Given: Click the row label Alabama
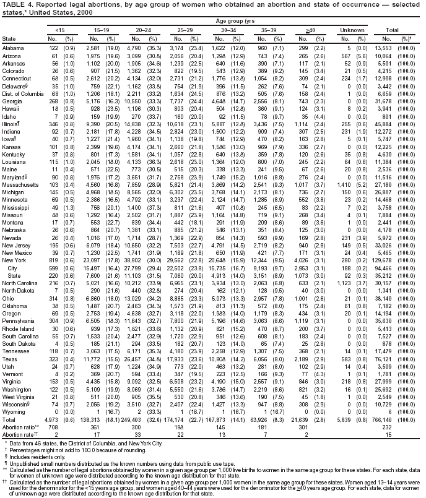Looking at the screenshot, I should pos(13,48).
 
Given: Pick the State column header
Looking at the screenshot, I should pos(10,39).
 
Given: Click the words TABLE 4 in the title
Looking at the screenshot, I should pos(17,4).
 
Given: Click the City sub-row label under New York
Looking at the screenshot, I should pos(12,286).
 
